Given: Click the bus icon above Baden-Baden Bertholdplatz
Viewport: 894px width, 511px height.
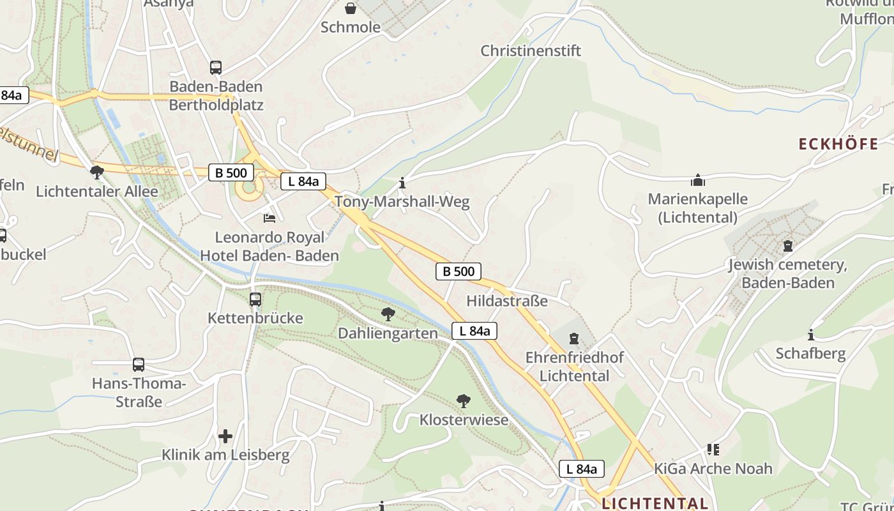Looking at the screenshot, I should coord(216,67).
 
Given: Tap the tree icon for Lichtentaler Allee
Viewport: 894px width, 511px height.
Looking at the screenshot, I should coord(97,172).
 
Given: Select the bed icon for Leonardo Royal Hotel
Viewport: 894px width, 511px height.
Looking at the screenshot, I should coord(269,218).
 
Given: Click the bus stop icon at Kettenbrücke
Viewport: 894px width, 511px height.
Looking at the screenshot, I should coord(255,299).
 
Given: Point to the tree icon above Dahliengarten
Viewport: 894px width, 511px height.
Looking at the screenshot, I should coord(388,314).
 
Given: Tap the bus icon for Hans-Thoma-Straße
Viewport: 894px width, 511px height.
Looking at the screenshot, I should coord(139,365).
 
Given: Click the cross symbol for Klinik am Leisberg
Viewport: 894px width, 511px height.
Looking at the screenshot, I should coord(225,436).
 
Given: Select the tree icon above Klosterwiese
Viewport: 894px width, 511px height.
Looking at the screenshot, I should coord(464,401).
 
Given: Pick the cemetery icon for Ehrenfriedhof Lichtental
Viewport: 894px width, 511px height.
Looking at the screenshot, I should coord(574,338).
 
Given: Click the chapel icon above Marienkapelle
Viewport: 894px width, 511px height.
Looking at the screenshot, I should coord(698,180).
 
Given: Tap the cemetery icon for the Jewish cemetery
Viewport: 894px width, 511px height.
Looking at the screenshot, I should coord(788,246).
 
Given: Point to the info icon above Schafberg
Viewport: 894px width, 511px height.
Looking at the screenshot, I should coord(811,335).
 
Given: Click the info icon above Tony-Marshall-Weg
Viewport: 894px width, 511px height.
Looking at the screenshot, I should coord(402,183).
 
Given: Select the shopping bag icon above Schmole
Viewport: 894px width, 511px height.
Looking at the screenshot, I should coord(351,8).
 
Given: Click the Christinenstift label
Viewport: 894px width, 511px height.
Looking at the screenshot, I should coord(531,50).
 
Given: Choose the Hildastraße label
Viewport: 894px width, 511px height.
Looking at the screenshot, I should coord(507,301).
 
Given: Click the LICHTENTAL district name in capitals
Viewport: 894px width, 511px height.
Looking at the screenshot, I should coord(655,503).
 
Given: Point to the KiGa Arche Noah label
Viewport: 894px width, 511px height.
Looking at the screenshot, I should coord(713,468).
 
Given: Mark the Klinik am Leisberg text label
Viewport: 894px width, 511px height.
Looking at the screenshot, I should coord(225,455).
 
